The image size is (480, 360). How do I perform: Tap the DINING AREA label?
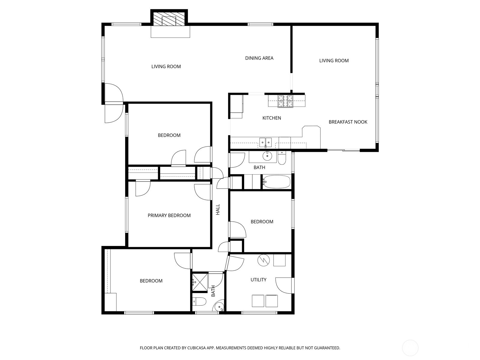click(x=259, y=58)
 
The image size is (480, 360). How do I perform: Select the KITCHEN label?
click(x=272, y=118)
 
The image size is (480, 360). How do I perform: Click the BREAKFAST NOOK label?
click(x=348, y=122)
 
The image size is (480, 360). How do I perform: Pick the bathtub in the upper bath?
click(x=277, y=182)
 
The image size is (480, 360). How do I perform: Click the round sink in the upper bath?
click(x=267, y=156)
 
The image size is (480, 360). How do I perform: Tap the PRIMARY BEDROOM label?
click(x=169, y=215)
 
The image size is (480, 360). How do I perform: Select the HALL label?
click(x=218, y=209)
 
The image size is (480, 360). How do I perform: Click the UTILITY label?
click(x=258, y=280)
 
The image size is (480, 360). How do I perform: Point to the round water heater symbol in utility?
click(x=263, y=260)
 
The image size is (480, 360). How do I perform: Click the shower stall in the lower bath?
click(x=200, y=282)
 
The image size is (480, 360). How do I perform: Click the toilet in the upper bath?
click(x=282, y=158)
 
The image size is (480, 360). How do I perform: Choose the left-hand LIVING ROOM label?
click(x=166, y=67)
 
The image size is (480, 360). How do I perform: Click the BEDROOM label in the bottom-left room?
click(x=151, y=281)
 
